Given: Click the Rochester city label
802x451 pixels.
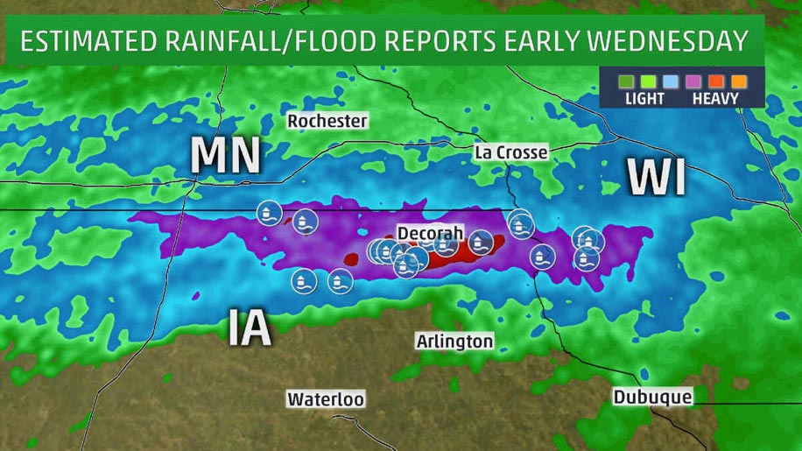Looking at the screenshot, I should tap(327, 122).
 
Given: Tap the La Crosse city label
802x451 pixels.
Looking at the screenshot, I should tap(510, 152).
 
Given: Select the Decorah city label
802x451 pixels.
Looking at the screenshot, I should tap(426, 235).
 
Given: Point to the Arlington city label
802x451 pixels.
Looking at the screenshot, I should tap(454, 341).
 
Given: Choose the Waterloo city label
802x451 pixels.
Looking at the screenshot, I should tap(326, 399).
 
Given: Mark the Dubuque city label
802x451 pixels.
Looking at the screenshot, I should tap(652, 398).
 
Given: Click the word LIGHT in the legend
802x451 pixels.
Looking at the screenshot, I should tap(644, 99).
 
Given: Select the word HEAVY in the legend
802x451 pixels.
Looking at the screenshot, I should tap(715, 99).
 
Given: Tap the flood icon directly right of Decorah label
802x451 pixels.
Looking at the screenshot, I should tap(479, 242).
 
